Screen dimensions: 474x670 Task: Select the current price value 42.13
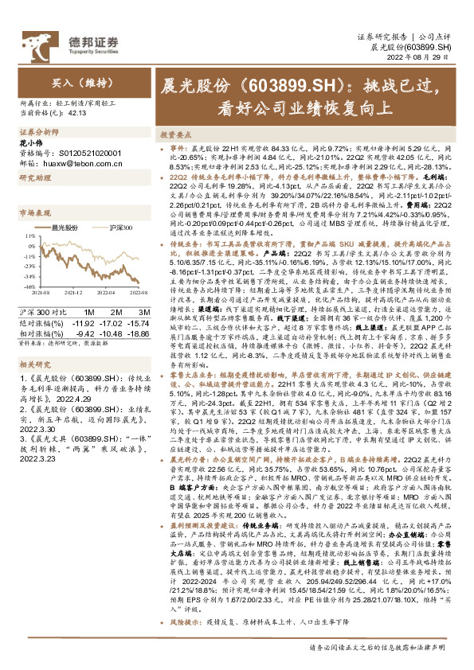click(x=77, y=112)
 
